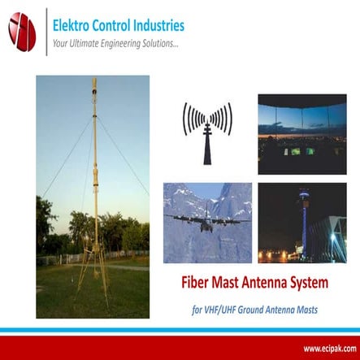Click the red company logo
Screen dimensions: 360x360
coord(22,32)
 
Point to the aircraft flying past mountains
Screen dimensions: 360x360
coord(206,220)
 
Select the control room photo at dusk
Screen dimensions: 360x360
coord(301,133)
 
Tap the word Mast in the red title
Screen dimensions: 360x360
coord(236,284)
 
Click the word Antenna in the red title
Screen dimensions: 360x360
coord(280,284)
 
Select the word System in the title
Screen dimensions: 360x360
coord(329,284)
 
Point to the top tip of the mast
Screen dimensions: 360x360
coord(93,80)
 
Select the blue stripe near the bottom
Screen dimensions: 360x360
coord(180,332)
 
